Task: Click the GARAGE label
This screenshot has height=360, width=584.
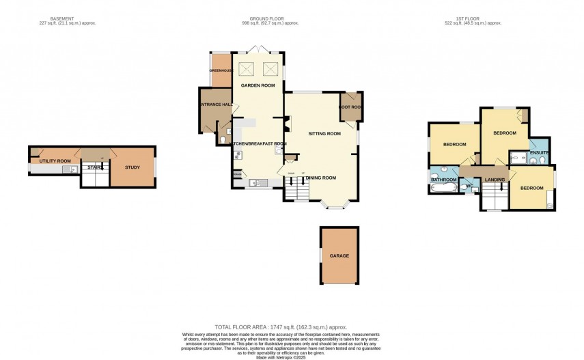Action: click(339, 255)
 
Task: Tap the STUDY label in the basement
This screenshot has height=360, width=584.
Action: click(133, 167)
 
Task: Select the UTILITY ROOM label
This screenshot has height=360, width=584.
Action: click(55, 161)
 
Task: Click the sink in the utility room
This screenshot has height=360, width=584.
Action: click(68, 169)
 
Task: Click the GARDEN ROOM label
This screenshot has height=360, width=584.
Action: click(258, 85)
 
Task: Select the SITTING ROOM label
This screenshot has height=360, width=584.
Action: click(324, 133)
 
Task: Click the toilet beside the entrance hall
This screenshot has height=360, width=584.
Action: click(224, 140)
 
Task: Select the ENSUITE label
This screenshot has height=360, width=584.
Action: click(539, 153)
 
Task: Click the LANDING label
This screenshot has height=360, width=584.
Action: click(494, 180)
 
